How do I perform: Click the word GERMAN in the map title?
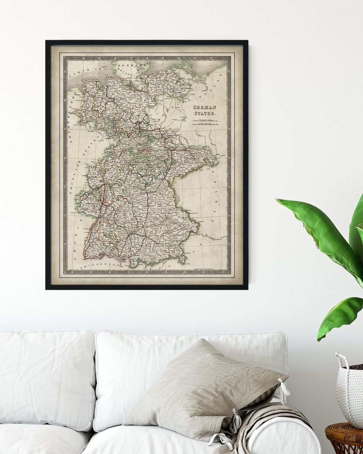(x=205, y=108)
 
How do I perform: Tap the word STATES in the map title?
(x=205, y=113)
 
